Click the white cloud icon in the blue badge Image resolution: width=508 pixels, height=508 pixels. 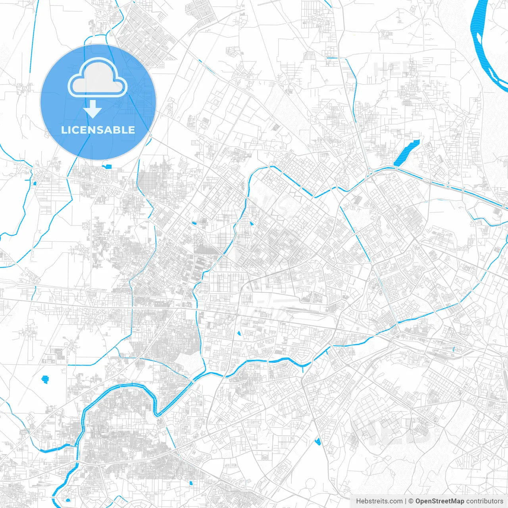click(x=98, y=78)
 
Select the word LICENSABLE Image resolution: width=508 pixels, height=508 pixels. click(x=98, y=130)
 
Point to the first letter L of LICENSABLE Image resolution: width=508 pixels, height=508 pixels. click(x=63, y=130)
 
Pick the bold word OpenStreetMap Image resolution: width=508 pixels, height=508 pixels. click(x=439, y=501)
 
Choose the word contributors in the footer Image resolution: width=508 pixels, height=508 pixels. click(x=485, y=501)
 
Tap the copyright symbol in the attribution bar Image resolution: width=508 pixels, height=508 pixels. click(x=411, y=501)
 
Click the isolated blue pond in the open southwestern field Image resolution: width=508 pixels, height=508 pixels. click(x=45, y=379)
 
